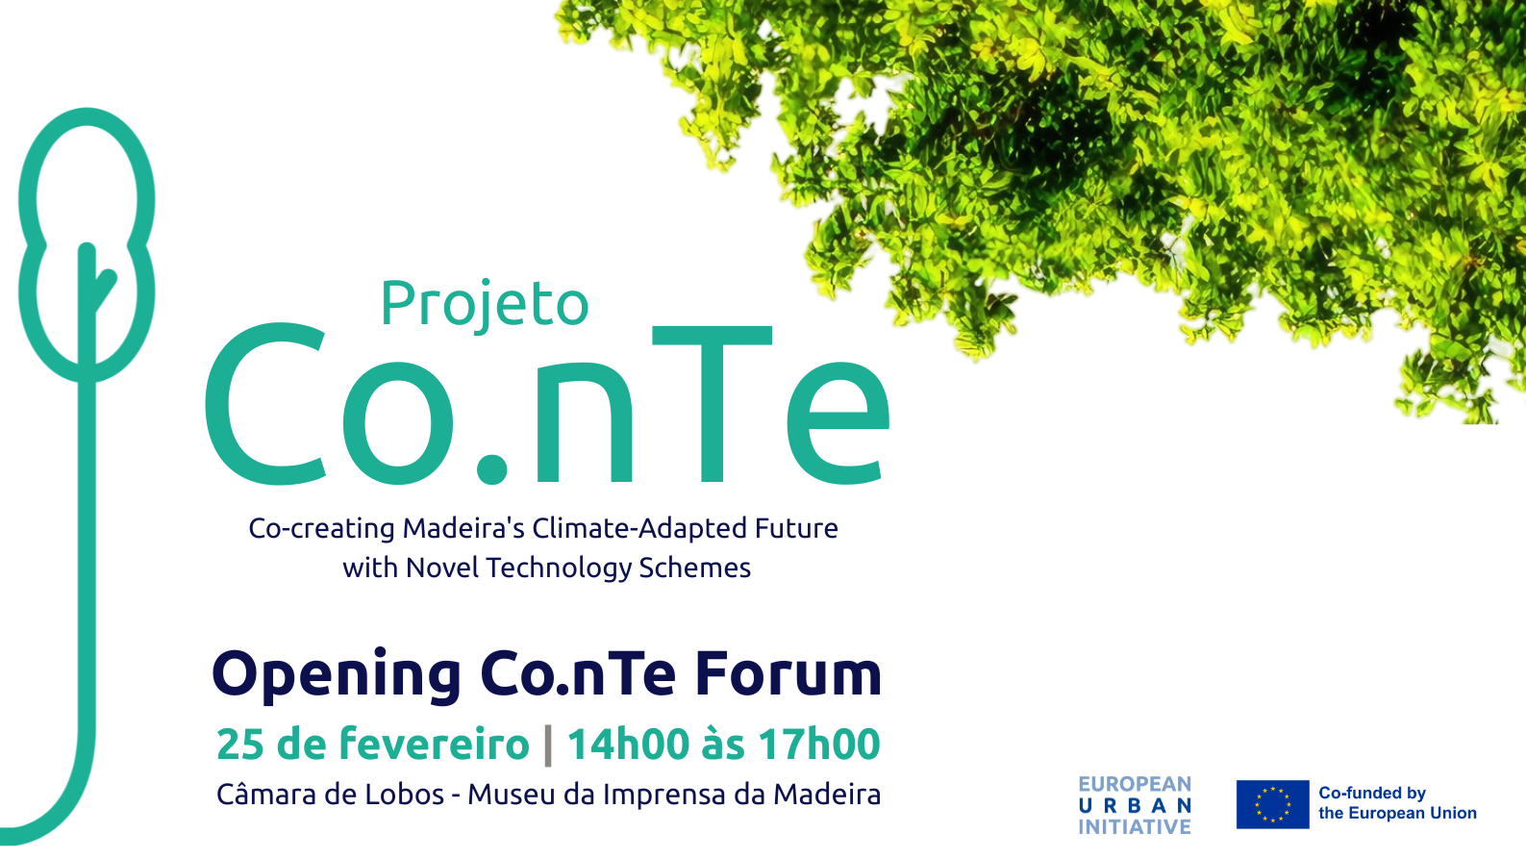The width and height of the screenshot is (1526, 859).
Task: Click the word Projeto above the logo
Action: click(x=485, y=304)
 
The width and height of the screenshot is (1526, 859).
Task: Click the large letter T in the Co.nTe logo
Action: click(x=712, y=404)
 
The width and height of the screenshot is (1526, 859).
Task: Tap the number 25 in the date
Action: click(x=239, y=744)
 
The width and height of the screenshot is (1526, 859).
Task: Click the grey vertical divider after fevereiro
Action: click(x=548, y=745)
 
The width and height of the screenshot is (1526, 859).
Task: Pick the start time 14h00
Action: click(x=628, y=744)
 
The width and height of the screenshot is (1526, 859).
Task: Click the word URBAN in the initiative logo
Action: click(x=1135, y=806)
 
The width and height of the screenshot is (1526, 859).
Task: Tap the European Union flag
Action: click(x=1272, y=804)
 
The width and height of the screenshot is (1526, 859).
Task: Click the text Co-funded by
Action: click(x=1372, y=793)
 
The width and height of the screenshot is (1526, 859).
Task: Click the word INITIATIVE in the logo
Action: click(x=1135, y=827)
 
